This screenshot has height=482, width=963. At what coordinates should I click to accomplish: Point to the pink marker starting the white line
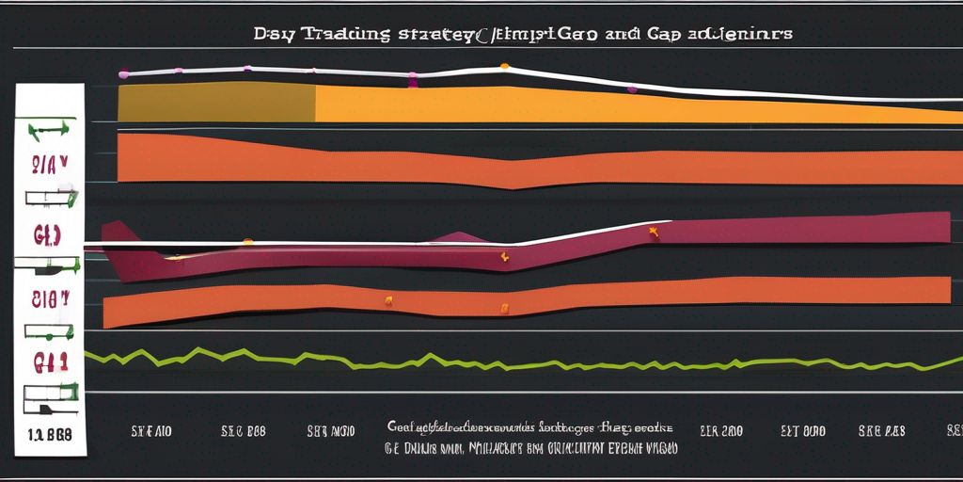121,72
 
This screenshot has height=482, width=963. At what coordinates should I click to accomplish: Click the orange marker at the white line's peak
505,66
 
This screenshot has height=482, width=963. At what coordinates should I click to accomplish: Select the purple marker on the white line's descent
631,89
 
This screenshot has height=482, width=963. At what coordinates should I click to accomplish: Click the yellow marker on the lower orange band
387,301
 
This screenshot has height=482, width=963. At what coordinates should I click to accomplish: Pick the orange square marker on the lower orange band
504,307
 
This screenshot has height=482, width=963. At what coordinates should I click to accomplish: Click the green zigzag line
470,360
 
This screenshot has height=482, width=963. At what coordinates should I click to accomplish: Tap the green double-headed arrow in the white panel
50,128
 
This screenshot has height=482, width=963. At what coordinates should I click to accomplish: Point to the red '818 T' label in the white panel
50,300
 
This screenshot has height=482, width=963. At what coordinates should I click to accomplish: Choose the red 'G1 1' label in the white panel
50,361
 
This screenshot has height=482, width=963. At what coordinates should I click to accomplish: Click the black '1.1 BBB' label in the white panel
49,436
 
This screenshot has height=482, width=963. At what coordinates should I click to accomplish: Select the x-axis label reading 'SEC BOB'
244,431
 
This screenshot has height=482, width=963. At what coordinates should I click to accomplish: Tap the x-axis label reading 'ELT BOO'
803,431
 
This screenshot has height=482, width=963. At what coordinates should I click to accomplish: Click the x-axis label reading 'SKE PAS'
881,431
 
